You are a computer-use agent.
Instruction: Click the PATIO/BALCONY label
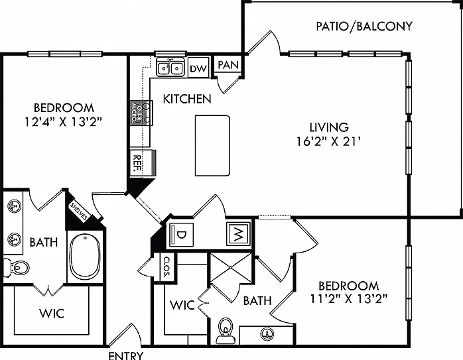pos(364,27)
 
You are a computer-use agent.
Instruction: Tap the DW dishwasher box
pos(198,67)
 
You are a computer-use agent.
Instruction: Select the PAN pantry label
pos(228,64)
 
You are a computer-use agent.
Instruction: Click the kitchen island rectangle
pos(212,145)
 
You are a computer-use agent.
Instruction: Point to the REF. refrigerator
pos(143,164)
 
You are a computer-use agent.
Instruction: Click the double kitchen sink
pos(170,68)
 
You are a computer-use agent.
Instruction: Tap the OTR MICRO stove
pos(141,113)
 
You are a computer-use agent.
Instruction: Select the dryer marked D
pos(181,235)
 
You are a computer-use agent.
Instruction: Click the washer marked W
pos(239,235)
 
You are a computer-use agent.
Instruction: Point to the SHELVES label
pos(79,211)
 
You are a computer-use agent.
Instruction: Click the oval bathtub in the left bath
pos(86,257)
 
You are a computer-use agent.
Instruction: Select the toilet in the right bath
pos(226,330)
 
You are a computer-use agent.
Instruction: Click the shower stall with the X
pos(231,268)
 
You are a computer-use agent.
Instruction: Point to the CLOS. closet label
pos(167,267)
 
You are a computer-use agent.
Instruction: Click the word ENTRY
pos(126,355)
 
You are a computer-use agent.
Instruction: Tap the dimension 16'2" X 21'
pos(329,142)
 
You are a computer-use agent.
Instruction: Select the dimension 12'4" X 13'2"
pos(64,122)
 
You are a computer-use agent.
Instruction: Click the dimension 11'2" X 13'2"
pos(349,299)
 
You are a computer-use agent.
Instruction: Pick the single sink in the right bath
pos(267,334)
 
